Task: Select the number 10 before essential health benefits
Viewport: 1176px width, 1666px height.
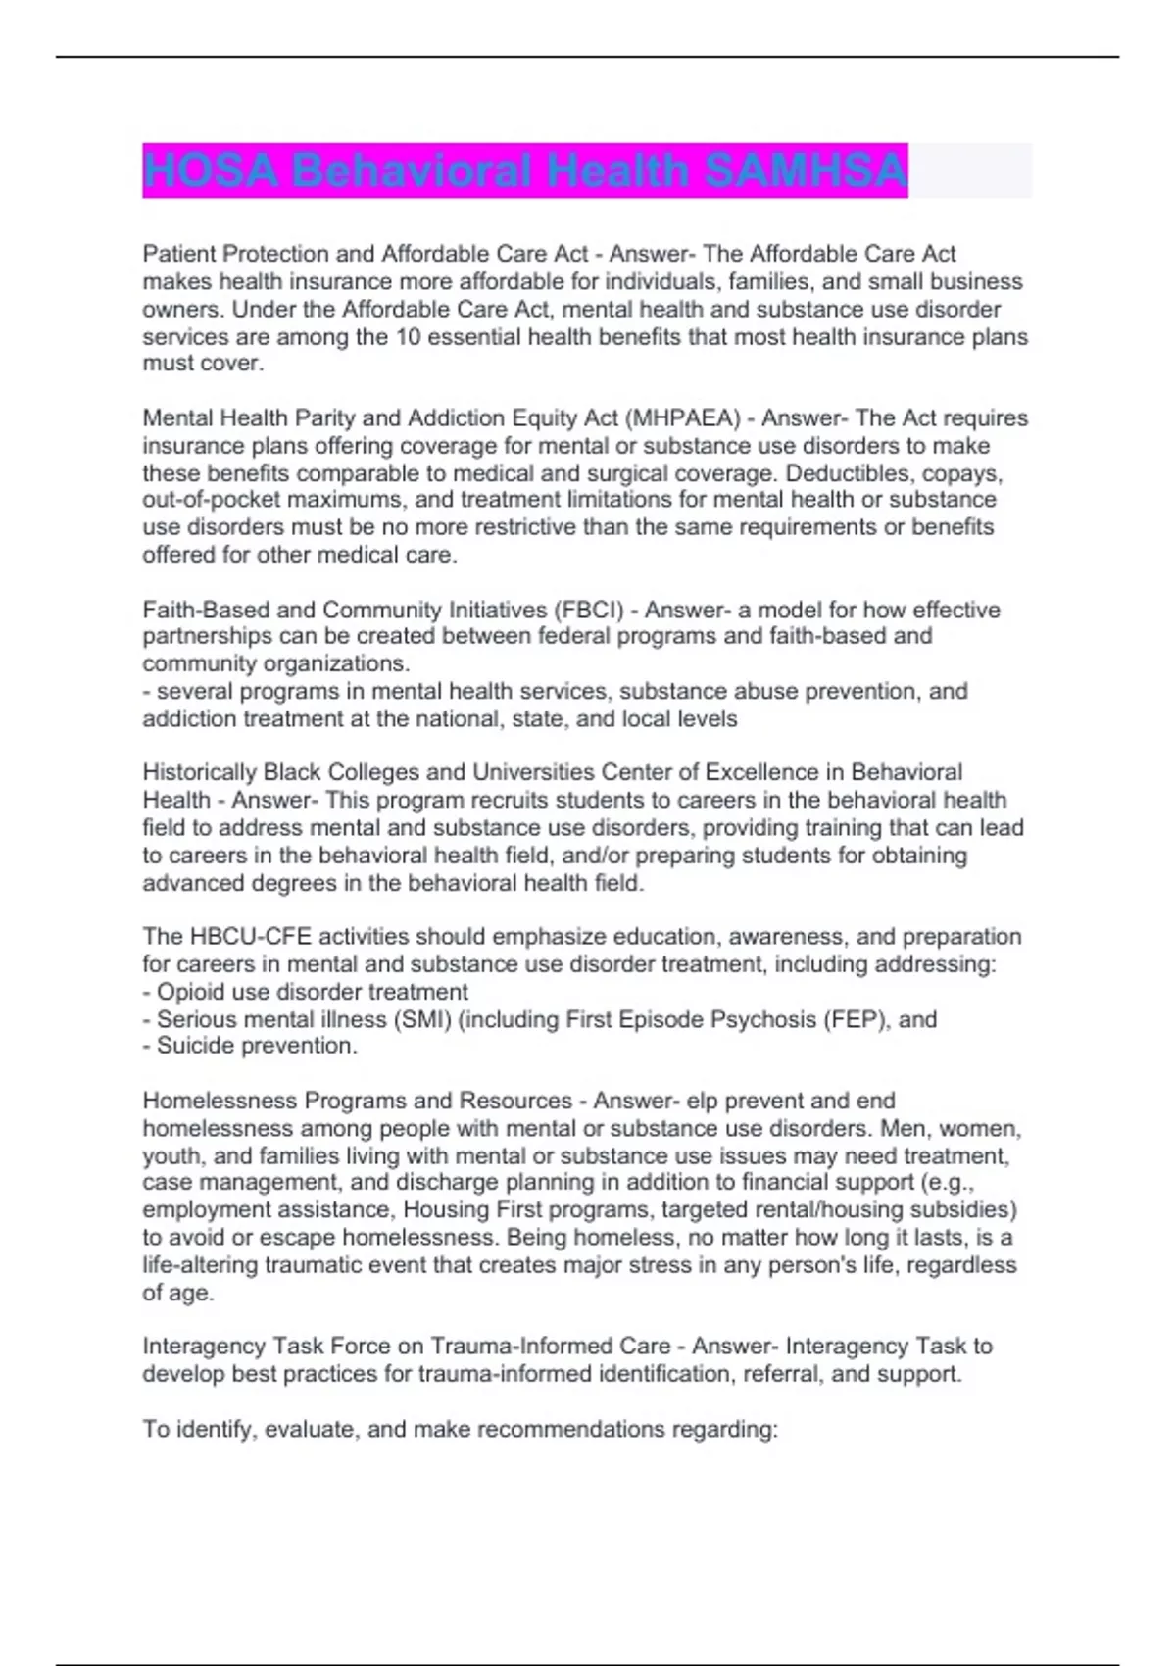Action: coord(407,337)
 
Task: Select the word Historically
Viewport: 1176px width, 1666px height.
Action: coord(200,772)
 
